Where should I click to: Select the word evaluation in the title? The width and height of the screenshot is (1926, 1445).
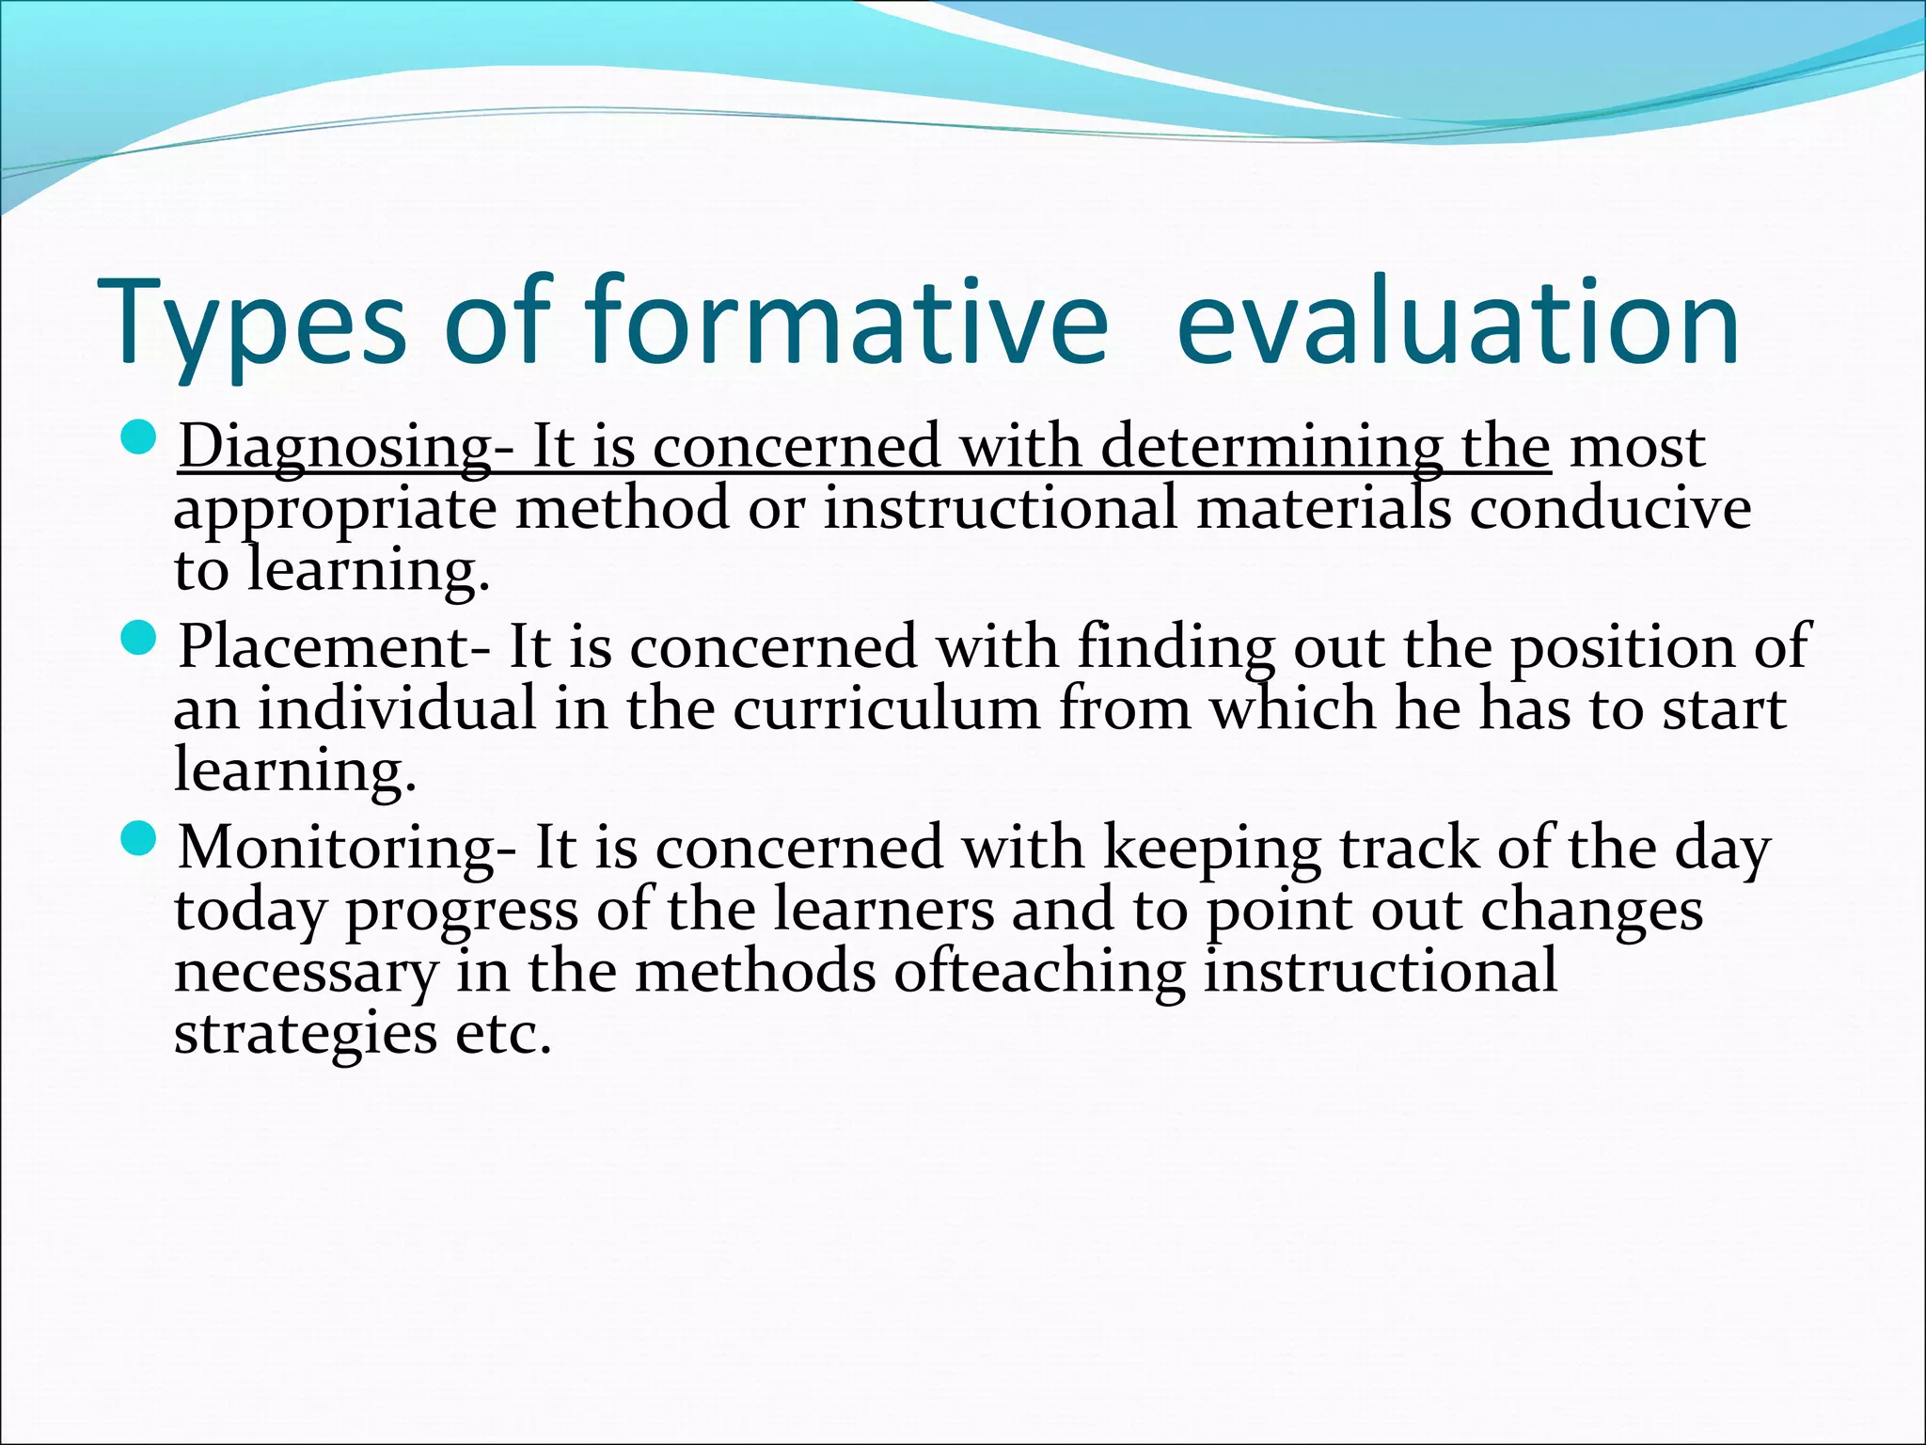1458,322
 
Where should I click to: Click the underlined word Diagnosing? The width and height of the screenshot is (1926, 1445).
334,447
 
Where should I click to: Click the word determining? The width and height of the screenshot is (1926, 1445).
1270,447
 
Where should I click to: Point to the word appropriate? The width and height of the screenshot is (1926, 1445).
335,511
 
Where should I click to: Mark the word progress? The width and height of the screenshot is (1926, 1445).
462,912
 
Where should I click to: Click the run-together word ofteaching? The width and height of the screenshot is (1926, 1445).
1039,972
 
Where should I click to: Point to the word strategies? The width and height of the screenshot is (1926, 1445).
306,1036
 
